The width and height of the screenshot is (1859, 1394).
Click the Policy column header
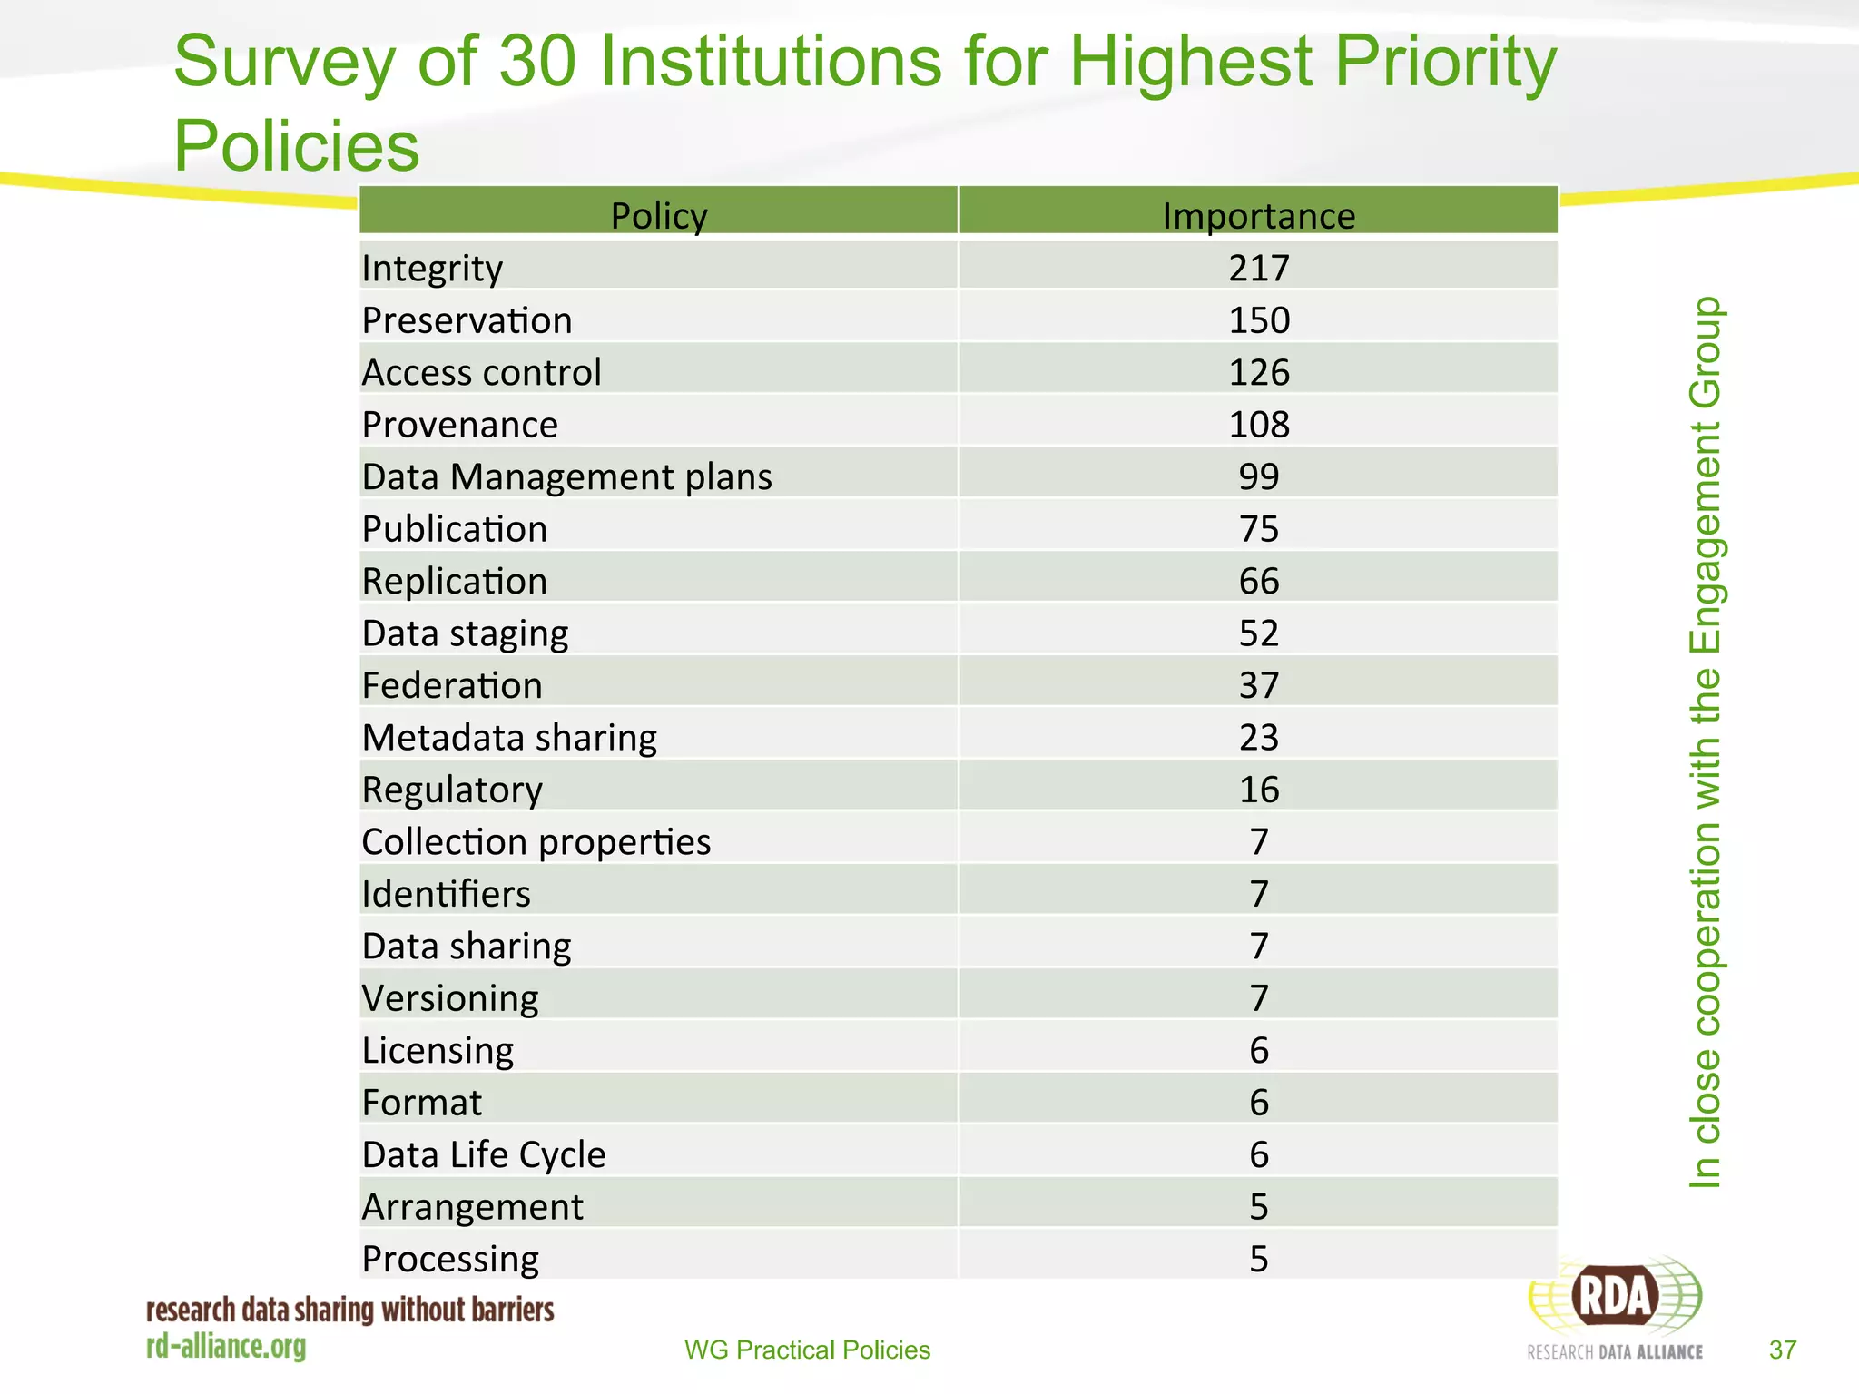pyautogui.click(x=658, y=216)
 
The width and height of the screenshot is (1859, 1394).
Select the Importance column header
pyautogui.click(x=1258, y=216)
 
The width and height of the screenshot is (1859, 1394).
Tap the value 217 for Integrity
pyautogui.click(x=1258, y=268)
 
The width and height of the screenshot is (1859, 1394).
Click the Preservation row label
pyautogui.click(x=467, y=320)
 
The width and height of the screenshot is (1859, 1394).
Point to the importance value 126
pyautogui.click(x=1258, y=372)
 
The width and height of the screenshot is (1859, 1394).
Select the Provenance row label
pyautogui.click(x=459, y=425)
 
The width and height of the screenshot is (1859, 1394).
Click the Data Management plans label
pyautogui.click(x=566, y=476)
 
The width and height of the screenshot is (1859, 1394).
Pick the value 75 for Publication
pyautogui.click(x=1258, y=529)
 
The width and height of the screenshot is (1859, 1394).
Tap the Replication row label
pyautogui.click(x=454, y=581)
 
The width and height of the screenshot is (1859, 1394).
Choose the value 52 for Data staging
pyautogui.click(x=1258, y=633)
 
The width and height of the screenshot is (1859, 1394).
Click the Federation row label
pyautogui.click(x=451, y=685)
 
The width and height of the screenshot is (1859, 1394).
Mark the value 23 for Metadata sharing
pyautogui.click(x=1258, y=737)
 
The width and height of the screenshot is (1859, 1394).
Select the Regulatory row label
pyautogui.click(x=451, y=790)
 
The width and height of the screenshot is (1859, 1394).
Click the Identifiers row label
pyautogui.click(x=445, y=894)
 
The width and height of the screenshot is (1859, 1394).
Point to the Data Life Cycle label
pyautogui.click(x=483, y=1154)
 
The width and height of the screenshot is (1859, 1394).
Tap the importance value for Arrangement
pyautogui.click(x=1258, y=1207)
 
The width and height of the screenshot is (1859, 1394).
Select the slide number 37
pyautogui.click(x=1782, y=1350)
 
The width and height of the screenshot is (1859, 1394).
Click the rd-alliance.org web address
pyautogui.click(x=226, y=1347)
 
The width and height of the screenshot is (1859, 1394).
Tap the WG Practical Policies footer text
pyautogui.click(x=807, y=1350)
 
